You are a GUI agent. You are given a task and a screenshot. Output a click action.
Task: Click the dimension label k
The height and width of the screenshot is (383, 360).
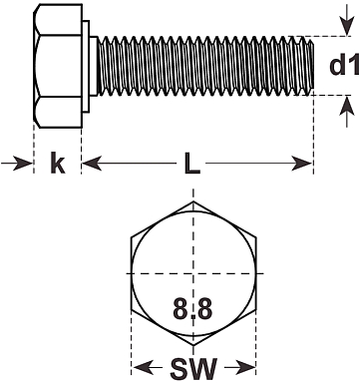(58, 163)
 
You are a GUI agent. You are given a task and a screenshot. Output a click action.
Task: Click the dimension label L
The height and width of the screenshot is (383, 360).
(192, 163)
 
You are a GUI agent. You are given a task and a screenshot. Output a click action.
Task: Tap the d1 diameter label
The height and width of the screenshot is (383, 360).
(344, 65)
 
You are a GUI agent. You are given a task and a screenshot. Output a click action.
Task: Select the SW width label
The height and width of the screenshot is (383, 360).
(193, 369)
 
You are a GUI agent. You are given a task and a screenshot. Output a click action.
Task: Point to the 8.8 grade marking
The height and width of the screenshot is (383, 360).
(192, 308)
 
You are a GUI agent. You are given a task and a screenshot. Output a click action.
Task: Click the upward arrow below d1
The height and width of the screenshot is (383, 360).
(347, 112)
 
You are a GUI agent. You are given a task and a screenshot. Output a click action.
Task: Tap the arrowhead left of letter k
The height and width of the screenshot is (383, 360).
(17, 164)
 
